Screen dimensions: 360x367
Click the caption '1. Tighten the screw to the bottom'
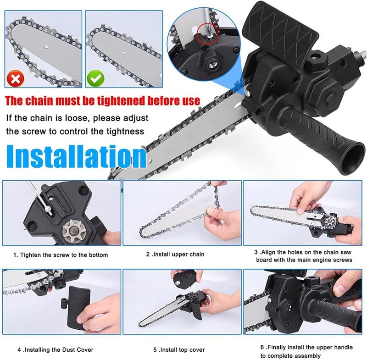tap(61, 255)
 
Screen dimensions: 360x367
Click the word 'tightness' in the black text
tap(124, 132)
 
